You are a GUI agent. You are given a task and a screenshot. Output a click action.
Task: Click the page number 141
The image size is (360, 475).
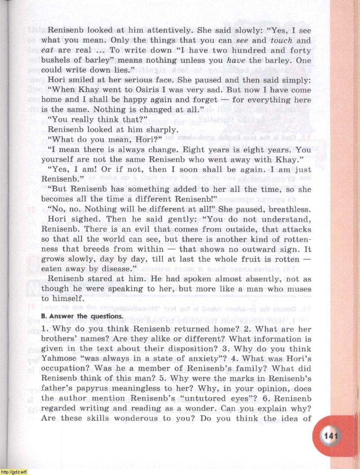coord(331,436)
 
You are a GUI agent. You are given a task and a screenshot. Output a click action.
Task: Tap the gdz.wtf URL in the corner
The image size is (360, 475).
coord(14,472)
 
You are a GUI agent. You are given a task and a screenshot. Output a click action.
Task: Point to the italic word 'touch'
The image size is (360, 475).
coord(281,41)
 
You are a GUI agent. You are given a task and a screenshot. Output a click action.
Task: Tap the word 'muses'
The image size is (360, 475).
coord(299,289)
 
